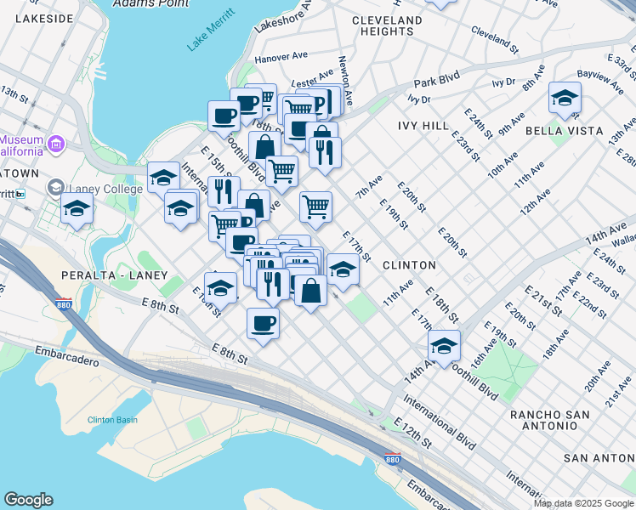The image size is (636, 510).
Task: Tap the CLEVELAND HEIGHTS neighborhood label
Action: coord(386,25)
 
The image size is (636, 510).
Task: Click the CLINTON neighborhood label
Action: coord(409,265)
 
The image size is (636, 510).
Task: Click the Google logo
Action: coord(28,500)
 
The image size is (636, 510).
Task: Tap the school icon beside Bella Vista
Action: coord(565,99)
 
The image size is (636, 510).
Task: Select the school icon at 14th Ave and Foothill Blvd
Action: coord(444,346)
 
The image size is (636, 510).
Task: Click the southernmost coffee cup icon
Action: coord(263,323)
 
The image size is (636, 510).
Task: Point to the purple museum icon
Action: coord(56,143)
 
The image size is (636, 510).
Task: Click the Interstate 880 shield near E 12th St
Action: coord(392,459)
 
